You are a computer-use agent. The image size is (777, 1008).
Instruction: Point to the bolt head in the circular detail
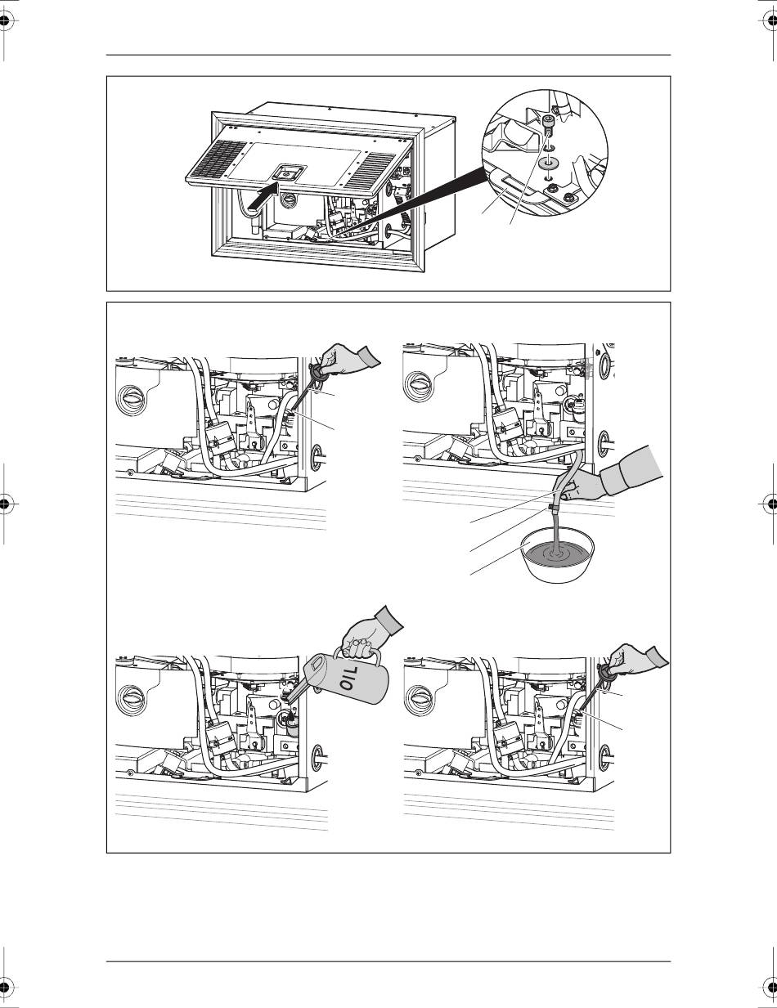pyautogui.click(x=548, y=123)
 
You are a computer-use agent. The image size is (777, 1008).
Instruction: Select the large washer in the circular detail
pyautogui.click(x=548, y=164)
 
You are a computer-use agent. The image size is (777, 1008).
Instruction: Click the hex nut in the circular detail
pyautogui.click(x=552, y=188)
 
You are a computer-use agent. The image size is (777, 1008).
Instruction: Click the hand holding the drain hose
pyautogui.click(x=586, y=486)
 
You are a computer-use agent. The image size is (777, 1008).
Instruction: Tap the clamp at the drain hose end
pyautogui.click(x=555, y=508)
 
